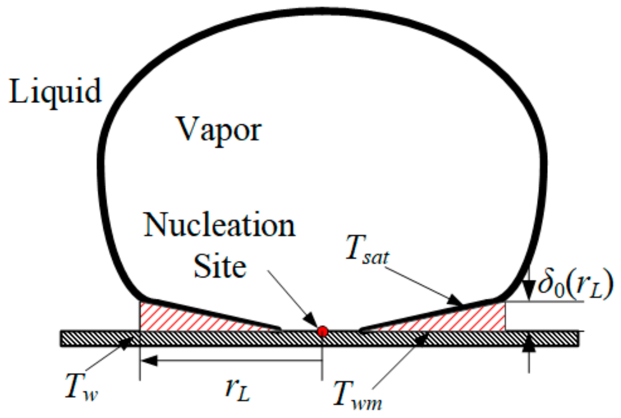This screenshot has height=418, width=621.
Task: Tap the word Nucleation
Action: coord(219,226)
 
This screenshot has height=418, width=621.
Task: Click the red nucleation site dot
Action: coord(322,331)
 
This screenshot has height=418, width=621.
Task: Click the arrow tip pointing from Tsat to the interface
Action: coord(459,304)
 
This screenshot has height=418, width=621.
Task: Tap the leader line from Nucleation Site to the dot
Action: coord(291,301)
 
